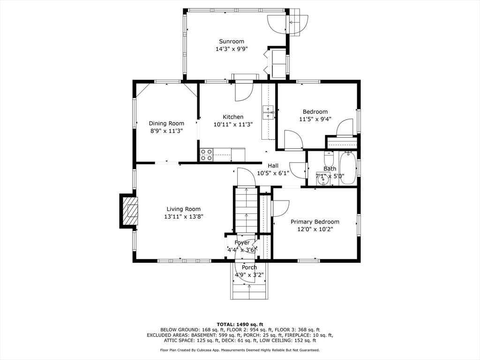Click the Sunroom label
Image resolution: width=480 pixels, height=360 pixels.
click(232, 41)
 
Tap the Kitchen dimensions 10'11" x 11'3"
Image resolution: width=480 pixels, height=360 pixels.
click(233, 125)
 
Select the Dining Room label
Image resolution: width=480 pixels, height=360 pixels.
click(166, 123)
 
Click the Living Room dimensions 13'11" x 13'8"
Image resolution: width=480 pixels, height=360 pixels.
click(184, 217)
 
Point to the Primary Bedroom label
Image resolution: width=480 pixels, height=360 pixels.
click(315, 222)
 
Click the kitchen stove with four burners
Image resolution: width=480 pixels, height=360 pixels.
click(206, 155)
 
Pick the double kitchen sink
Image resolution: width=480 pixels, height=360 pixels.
click(268, 113)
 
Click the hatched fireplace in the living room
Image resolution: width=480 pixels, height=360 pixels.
click(131, 211)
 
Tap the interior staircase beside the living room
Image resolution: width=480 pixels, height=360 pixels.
click(247, 210)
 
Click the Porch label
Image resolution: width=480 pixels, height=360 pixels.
click(249, 268)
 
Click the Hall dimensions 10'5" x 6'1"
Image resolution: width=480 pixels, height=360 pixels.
click(273, 173)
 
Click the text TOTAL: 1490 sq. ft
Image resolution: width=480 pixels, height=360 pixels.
click(240, 324)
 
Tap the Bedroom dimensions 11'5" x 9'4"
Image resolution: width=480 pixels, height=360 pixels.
click(315, 119)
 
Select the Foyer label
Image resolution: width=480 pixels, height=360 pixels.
click(242, 243)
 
